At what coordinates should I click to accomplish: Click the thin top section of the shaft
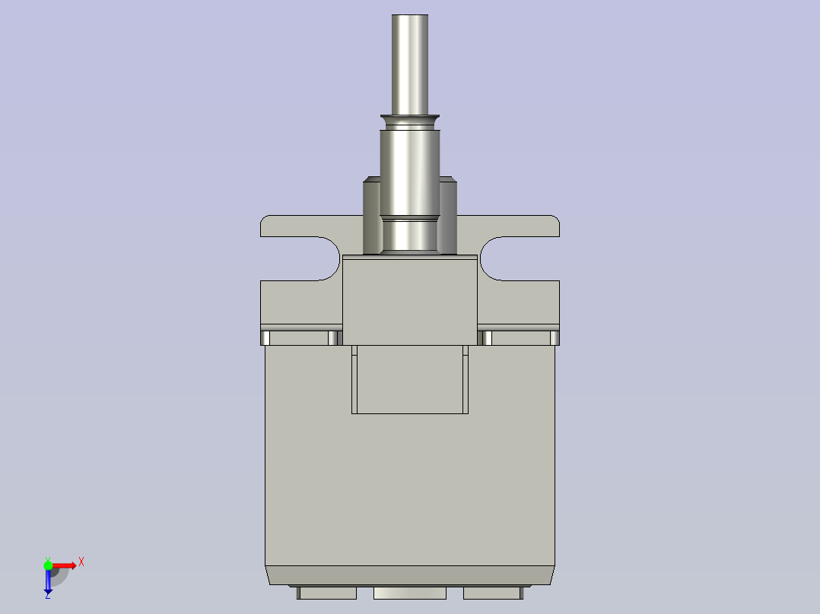(410, 65)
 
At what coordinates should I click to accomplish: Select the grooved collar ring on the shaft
(410, 122)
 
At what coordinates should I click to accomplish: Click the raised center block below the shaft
(410, 300)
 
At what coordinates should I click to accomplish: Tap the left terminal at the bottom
(327, 593)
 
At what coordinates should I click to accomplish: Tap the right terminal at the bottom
(492, 593)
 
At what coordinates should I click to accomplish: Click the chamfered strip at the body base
(410, 575)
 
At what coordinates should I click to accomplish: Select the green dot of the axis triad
(48, 565)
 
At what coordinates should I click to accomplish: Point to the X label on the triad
(81, 562)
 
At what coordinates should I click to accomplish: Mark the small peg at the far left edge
(265, 337)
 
